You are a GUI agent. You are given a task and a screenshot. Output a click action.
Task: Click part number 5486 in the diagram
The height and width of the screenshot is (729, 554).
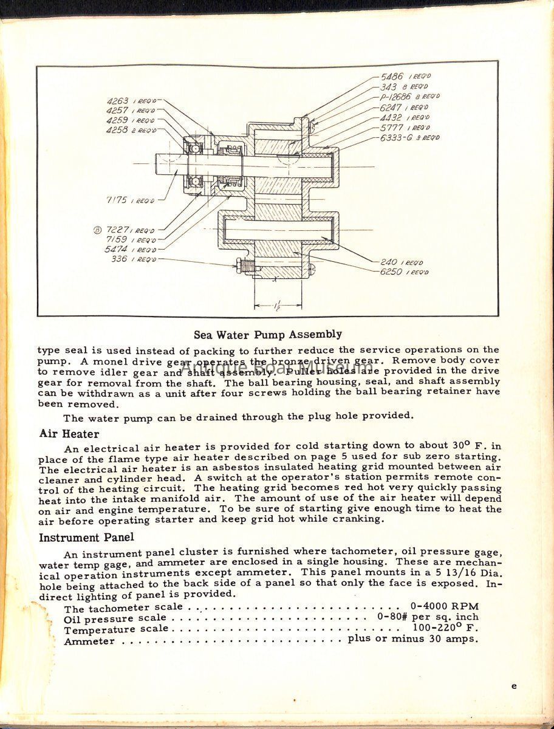[x=392, y=77]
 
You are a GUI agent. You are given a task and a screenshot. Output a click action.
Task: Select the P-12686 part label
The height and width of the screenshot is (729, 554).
[x=397, y=97]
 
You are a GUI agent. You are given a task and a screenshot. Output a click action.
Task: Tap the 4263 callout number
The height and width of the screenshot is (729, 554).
[x=117, y=101]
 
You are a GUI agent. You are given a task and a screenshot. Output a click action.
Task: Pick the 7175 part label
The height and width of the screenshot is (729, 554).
[x=117, y=200]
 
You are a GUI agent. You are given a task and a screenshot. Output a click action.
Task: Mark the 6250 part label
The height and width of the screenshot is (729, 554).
[x=391, y=272]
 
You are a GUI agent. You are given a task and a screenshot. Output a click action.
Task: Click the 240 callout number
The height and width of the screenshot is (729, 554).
[x=389, y=262]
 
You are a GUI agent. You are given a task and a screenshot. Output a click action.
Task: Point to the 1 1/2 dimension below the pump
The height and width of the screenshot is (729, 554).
[x=278, y=304]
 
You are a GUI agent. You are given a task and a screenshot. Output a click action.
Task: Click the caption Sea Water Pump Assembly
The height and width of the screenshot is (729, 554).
[x=267, y=335]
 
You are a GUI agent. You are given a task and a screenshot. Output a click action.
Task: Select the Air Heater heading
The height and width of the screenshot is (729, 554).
[x=69, y=434]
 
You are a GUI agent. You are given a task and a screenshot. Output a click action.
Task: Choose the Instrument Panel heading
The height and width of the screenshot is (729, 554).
[x=86, y=538]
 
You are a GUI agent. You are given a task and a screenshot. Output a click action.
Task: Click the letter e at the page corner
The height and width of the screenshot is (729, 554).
[x=514, y=686]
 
